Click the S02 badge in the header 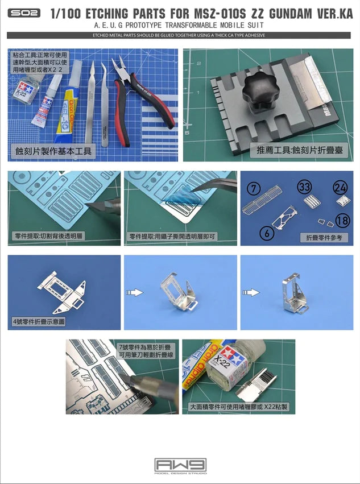tap(24, 13)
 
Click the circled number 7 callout tap(254, 188)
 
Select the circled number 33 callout tap(304, 187)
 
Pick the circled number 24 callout tap(340, 187)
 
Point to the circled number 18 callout tap(342, 221)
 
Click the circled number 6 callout tap(265, 231)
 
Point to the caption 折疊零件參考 tap(323, 238)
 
